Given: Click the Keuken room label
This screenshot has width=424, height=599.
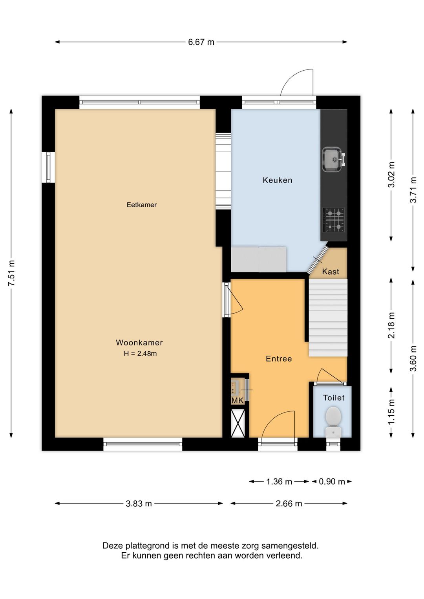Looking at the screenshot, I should (x=277, y=180).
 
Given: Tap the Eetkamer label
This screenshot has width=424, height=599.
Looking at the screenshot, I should (x=141, y=205).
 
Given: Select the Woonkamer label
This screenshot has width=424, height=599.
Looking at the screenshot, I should (x=139, y=342).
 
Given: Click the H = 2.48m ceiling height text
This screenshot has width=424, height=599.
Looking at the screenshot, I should (x=140, y=353).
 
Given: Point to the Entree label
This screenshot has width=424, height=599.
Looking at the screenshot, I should (x=279, y=358).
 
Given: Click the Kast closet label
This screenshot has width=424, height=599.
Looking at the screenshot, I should (x=331, y=271).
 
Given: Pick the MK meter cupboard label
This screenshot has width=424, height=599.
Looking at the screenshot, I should (x=238, y=400).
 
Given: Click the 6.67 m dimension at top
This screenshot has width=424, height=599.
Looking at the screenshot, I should (x=201, y=42).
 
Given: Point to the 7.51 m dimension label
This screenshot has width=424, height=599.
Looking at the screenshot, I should (x=11, y=273).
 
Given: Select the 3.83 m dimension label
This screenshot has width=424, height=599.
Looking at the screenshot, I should (x=139, y=504).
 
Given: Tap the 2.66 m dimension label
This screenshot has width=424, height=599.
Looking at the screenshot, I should (x=289, y=504).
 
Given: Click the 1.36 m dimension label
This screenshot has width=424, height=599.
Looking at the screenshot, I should (x=279, y=482).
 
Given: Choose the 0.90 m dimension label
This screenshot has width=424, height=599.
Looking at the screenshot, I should (x=332, y=482).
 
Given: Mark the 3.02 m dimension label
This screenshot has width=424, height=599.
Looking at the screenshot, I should (x=391, y=175).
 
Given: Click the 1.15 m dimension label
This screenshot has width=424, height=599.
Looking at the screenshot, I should (x=391, y=411).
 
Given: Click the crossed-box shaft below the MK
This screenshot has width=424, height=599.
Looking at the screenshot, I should (x=238, y=423).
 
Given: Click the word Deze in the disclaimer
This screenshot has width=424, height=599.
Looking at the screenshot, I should (x=112, y=545).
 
